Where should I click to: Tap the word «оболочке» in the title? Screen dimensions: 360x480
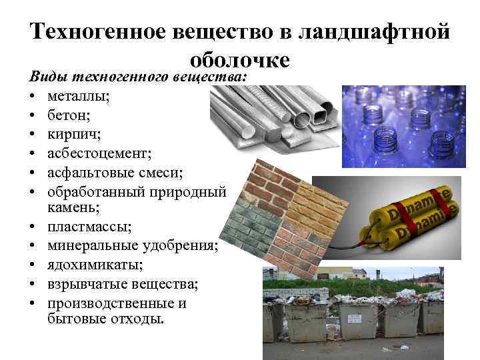pos(239,59)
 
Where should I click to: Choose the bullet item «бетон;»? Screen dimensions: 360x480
pos(69,115)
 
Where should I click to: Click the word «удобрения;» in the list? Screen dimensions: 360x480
pos(183,247)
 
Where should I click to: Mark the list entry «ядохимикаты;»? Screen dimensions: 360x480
pos(95,266)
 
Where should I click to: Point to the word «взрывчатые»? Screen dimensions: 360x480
pos(90,285)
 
